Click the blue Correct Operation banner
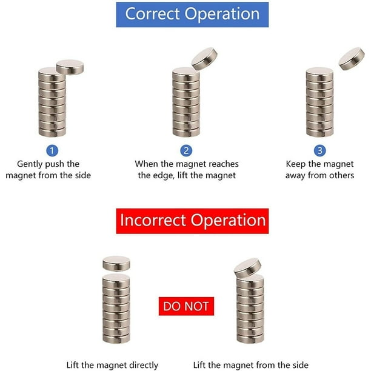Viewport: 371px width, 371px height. pyautogui.click(x=192, y=15)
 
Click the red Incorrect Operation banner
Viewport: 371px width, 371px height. pyautogui.click(x=192, y=221)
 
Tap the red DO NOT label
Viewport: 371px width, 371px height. pyautogui.click(x=186, y=306)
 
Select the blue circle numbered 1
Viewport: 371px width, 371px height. pyautogui.click(x=52, y=150)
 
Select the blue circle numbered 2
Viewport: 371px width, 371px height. pyautogui.click(x=186, y=150)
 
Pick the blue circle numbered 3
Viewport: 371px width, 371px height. pyautogui.click(x=320, y=150)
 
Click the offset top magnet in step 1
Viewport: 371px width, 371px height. pyautogui.click(x=70, y=67)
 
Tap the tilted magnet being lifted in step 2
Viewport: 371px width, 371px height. pyautogui.click(x=204, y=59)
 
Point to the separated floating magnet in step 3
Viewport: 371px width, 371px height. pyautogui.click(x=352, y=59)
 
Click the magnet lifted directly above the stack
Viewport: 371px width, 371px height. pyautogui.click(x=116, y=264)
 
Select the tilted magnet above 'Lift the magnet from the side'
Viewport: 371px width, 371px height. pyautogui.click(x=247, y=268)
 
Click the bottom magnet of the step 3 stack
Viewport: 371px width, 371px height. pyautogui.click(x=320, y=132)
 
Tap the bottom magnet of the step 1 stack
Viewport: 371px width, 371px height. pyautogui.click(x=52, y=132)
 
